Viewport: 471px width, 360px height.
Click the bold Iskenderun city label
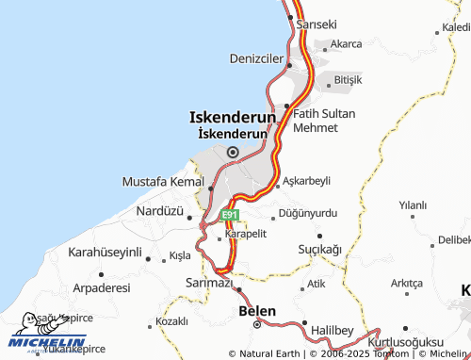coord(233,118)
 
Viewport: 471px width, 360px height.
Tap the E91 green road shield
coord(230,216)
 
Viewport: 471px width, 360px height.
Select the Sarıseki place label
coord(317,25)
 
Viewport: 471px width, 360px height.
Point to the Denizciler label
coord(256,58)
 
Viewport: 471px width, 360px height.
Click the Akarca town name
coord(346,44)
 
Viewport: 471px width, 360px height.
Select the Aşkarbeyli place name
coord(307,180)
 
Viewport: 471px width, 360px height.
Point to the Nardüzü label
coord(159,211)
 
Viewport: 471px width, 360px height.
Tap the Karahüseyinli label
coord(105,253)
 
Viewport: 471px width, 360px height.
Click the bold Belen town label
coord(257,310)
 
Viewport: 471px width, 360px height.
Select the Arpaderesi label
coord(101,286)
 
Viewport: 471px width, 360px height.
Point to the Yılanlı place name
coord(413,205)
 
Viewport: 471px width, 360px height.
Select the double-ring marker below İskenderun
coord(233,151)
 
